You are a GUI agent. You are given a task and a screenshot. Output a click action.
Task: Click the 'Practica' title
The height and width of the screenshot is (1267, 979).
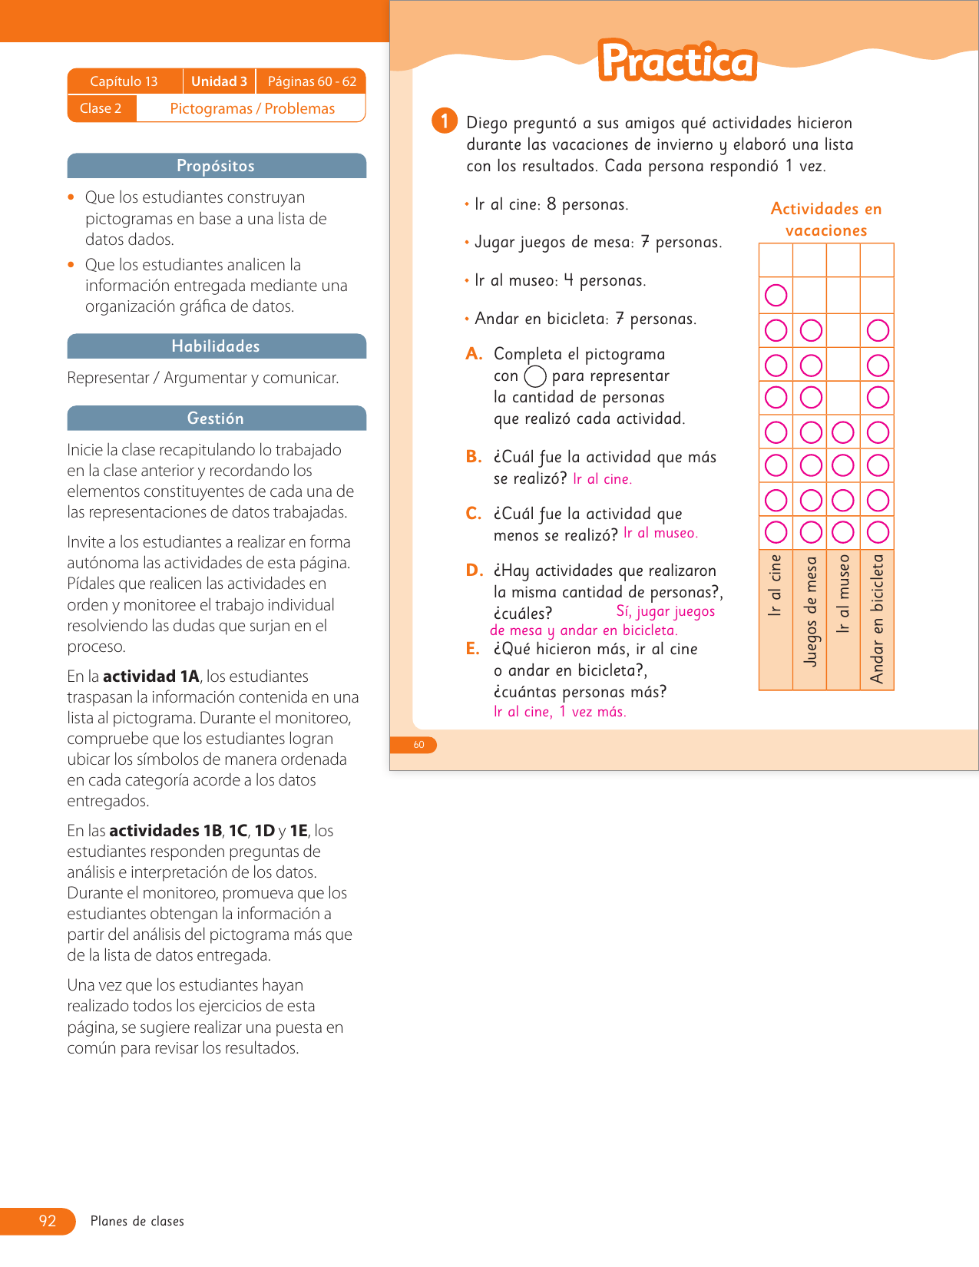677,61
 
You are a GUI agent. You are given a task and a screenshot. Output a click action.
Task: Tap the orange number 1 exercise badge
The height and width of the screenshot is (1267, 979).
445,121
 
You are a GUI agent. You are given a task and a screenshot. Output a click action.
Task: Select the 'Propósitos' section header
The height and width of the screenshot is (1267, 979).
216,166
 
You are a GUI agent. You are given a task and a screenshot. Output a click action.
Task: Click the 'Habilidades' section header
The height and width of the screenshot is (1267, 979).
216,346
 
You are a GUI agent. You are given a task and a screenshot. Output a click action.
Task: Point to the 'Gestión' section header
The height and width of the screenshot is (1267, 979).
216,418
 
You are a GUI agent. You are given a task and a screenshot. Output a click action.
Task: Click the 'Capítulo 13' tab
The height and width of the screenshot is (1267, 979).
124,81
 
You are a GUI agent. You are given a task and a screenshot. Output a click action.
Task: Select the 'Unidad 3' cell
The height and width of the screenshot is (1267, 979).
219,81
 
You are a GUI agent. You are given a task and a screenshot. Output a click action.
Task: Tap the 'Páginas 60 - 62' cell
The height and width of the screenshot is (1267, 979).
312,81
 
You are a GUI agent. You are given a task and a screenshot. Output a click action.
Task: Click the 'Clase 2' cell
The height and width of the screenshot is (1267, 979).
101,108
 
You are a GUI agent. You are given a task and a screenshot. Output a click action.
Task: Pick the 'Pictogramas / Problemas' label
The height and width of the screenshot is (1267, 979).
252,108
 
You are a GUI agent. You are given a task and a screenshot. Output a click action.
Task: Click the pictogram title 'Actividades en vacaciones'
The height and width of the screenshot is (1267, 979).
826,220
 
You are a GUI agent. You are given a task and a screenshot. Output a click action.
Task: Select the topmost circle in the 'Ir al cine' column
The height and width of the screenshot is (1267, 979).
776,295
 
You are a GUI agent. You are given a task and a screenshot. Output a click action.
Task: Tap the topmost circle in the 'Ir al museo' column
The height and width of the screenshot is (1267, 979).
843,432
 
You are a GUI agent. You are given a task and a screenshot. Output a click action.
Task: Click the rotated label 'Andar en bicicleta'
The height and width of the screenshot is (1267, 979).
877,619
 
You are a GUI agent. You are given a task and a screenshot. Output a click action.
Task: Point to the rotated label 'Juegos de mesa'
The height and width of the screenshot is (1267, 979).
810,612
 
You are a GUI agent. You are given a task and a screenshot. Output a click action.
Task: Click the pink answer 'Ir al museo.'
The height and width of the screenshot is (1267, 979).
660,533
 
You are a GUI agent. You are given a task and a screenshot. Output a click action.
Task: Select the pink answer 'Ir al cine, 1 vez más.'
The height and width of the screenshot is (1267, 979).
560,712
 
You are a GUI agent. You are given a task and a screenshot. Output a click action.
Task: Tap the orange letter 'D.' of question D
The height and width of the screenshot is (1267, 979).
475,570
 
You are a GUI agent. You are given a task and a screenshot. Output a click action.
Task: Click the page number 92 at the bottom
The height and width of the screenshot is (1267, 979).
48,1221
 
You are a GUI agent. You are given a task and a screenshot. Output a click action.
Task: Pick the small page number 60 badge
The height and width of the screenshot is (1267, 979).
418,745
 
